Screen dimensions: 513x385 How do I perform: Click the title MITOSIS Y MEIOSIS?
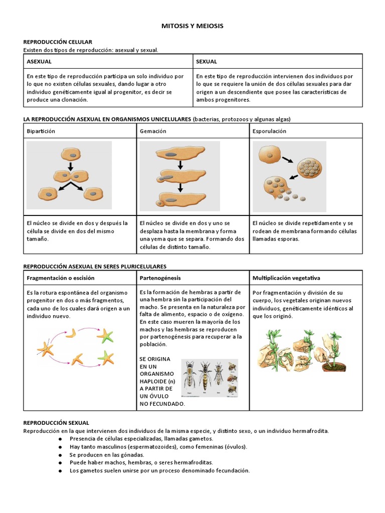coord(192,26)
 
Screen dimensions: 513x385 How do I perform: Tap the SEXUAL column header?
coord(207,62)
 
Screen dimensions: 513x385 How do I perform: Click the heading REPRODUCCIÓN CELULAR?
coord(58,42)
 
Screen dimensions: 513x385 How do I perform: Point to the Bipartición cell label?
coord(41,131)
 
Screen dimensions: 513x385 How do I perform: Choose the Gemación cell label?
coord(153,131)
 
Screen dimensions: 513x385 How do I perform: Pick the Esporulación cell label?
coord(269,131)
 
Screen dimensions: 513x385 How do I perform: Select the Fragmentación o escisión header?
coord(60,278)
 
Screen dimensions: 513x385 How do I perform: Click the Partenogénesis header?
coord(160,278)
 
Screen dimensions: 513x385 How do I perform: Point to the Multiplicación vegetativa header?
coord(286,278)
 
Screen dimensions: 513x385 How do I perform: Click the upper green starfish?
coord(106,335)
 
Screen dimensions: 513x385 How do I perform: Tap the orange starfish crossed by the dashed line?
coord(46,348)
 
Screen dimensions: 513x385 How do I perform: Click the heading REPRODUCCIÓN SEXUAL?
coord(56,423)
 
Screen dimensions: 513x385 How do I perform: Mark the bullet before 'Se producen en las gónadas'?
coord(60,455)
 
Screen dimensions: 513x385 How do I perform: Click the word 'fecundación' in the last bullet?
coord(233,471)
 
